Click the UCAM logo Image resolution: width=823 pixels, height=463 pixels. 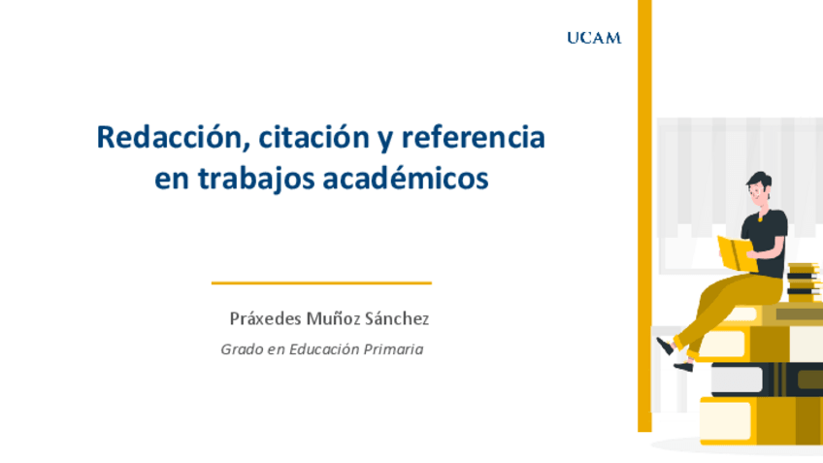[x=593, y=38]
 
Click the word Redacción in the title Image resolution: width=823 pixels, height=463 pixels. [x=164, y=138]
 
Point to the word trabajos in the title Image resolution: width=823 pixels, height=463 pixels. [x=251, y=180]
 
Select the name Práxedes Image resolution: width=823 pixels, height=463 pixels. [x=264, y=318]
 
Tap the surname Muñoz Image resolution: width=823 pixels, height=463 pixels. [x=334, y=318]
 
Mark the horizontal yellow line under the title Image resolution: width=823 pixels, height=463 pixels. [x=321, y=283]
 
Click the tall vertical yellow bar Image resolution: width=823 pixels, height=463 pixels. [x=644, y=214]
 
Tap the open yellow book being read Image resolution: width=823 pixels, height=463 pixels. [x=736, y=252]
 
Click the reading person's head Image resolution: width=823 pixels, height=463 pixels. [x=760, y=188]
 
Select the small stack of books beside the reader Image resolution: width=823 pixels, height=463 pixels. [x=803, y=281]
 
